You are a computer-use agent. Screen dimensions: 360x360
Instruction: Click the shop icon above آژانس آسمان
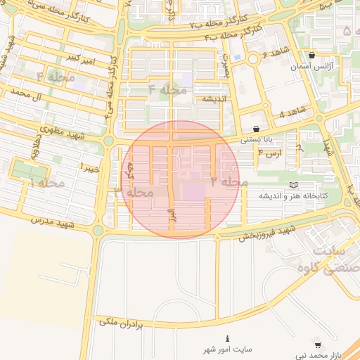[x=312, y=55]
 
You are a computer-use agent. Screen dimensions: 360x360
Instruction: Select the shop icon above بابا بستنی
[x=255, y=129]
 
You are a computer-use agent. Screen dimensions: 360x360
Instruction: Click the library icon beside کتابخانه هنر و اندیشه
[x=293, y=185]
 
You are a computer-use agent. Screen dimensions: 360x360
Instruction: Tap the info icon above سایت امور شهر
[x=227, y=338]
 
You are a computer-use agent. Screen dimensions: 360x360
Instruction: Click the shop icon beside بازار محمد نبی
[x=318, y=345]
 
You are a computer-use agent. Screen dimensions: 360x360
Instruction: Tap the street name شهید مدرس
[x=53, y=223]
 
